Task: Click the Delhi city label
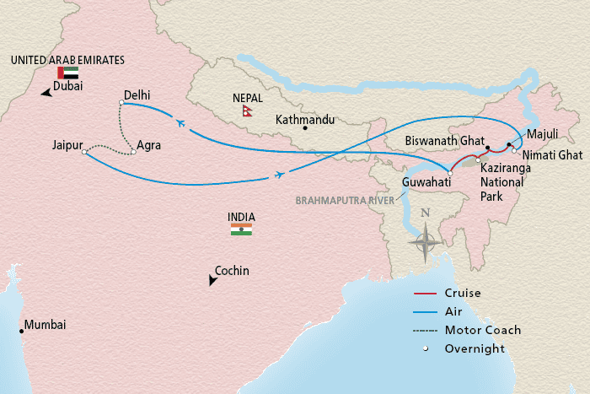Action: [x=137, y=94]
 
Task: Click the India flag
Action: [x=241, y=229]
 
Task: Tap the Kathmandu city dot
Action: [x=306, y=128]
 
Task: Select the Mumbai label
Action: [x=45, y=325]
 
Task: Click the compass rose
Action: [x=426, y=240]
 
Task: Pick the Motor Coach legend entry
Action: [x=484, y=330]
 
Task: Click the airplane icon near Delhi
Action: [x=181, y=123]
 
